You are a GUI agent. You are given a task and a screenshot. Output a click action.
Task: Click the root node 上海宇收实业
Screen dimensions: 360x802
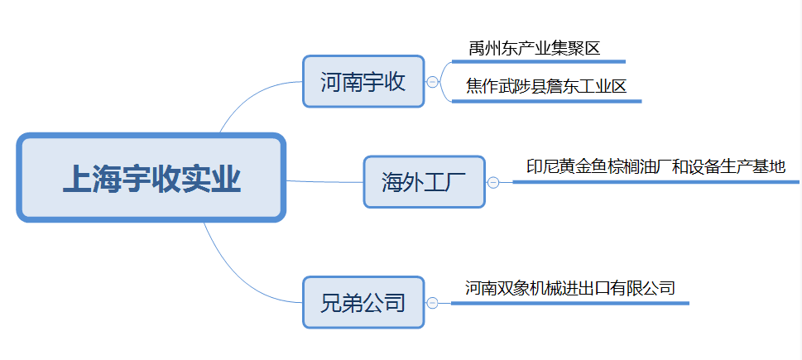click(x=151, y=178)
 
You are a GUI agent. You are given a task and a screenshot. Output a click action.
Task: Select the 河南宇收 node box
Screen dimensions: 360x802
click(x=363, y=81)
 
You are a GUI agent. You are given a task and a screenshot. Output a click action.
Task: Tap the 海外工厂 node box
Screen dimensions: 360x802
click(x=424, y=181)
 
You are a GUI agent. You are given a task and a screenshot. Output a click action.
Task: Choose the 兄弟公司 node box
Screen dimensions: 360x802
click(x=363, y=302)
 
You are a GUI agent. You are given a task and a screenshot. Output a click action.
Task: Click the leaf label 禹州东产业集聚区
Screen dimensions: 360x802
click(x=534, y=49)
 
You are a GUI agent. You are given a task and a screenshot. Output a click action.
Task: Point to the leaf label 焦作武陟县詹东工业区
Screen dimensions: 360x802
click(x=541, y=86)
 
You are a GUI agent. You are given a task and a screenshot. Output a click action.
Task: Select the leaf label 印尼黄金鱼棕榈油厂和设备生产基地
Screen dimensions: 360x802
click(x=656, y=167)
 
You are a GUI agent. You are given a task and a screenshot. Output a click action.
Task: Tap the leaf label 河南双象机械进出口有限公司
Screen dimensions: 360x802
click(x=569, y=288)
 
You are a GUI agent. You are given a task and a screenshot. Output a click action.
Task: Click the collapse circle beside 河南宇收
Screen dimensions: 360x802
click(x=432, y=81)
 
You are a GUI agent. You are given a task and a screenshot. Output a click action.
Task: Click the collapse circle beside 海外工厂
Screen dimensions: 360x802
click(x=493, y=182)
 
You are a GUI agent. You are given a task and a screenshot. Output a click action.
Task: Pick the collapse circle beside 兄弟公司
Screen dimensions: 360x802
click(x=432, y=303)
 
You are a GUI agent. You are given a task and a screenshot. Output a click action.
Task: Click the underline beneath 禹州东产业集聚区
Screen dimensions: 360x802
click(x=538, y=61)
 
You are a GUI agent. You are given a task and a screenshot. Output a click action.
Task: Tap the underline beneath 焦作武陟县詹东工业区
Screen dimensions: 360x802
click(x=546, y=101)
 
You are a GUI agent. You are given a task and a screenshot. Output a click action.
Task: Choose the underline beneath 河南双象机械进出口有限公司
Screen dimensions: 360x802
click(x=571, y=303)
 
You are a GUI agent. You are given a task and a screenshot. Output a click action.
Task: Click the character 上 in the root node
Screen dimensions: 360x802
click(x=78, y=179)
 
